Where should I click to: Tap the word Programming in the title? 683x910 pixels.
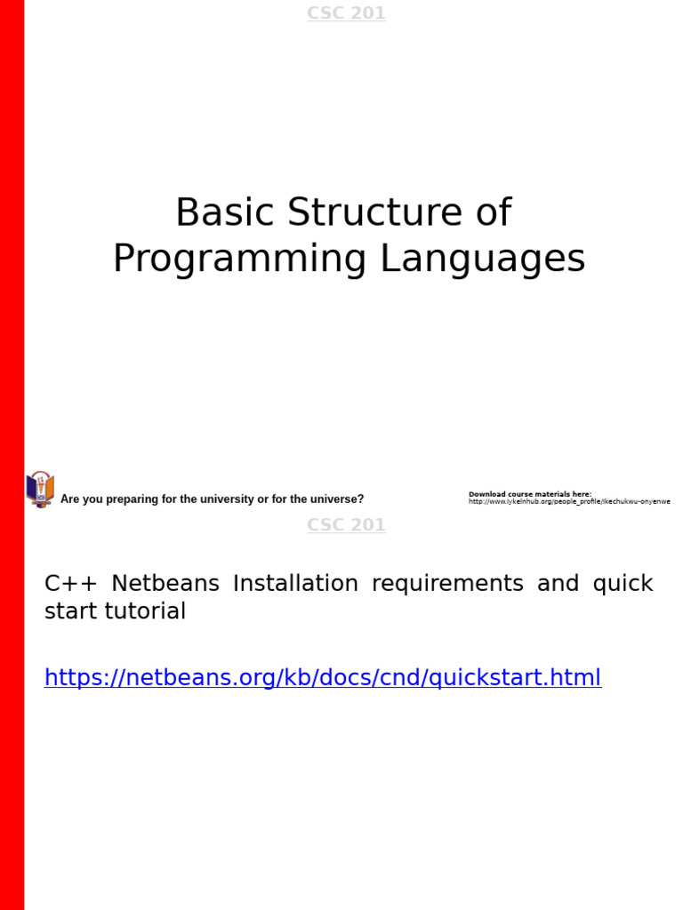pyautogui.click(x=240, y=259)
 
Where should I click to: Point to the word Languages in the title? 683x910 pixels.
pyautogui.click(x=483, y=259)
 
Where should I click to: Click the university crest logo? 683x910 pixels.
pyautogui.click(x=40, y=490)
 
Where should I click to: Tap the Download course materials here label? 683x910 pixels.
pyautogui.click(x=530, y=494)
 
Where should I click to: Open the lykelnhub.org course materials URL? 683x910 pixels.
pyautogui.click(x=569, y=502)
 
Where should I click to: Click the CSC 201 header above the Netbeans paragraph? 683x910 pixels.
pyautogui.click(x=346, y=525)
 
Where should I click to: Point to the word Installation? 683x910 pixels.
pyautogui.click(x=295, y=584)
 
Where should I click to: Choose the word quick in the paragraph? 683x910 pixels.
pyautogui.click(x=623, y=584)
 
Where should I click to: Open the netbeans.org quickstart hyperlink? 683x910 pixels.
pyautogui.click(x=323, y=678)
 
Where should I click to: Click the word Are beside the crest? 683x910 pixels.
pyautogui.click(x=68, y=499)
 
